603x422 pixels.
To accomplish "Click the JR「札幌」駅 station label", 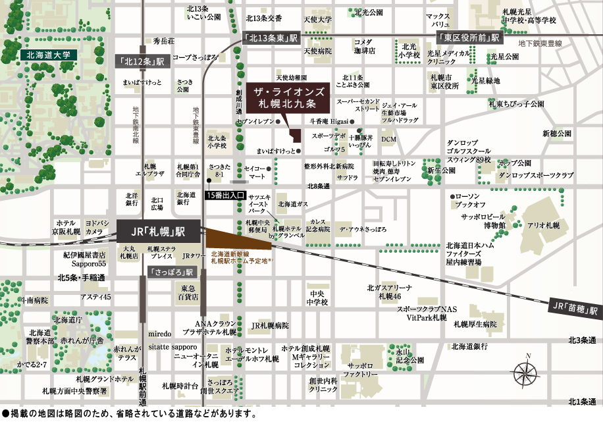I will coord(159,232).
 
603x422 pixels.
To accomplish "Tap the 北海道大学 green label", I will coord(48,55).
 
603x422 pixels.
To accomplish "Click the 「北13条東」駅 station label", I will coord(271,39).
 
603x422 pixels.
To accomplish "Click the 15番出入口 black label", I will coord(226,196).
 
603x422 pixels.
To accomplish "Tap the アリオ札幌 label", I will coord(543,225).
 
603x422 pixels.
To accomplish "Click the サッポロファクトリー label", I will coord(363,369).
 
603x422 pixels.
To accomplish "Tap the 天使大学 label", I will coord(317,20).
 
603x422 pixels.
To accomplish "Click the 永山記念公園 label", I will coord(409,356).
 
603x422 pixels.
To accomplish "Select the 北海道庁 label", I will coord(67,320).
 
